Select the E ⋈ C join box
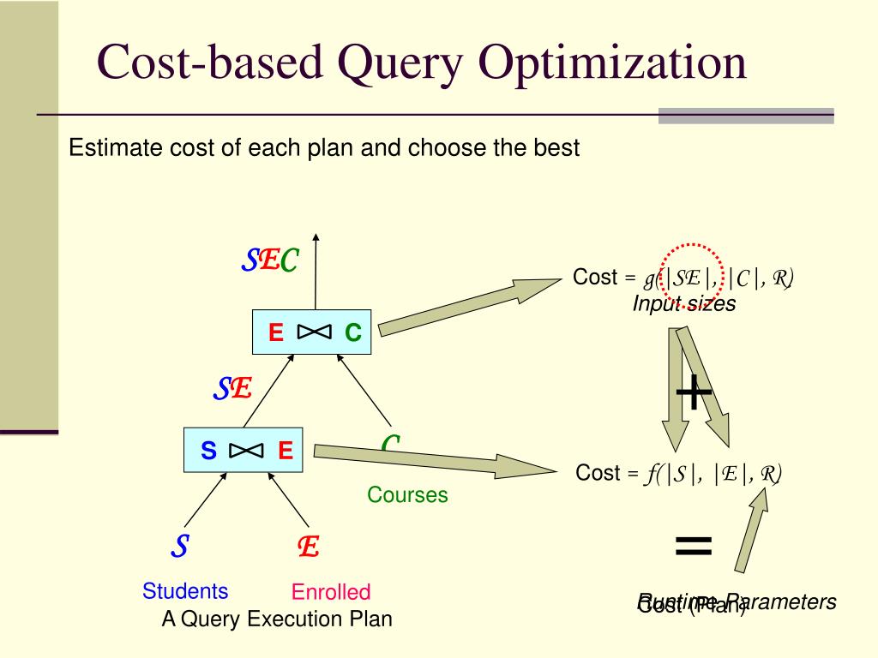pyautogui.click(x=312, y=332)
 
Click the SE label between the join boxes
pyautogui.click(x=232, y=390)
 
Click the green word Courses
pyautogui.click(x=407, y=495)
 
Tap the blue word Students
pyautogui.click(x=185, y=591)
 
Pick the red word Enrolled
pyautogui.click(x=331, y=592)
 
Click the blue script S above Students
pyautogui.click(x=180, y=546)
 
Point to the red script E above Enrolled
pyautogui.click(x=309, y=547)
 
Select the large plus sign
pyautogui.click(x=695, y=393)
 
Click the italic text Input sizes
pyautogui.click(x=684, y=304)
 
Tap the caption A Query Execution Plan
pyautogui.click(x=276, y=619)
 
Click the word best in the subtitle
pyautogui.click(x=554, y=147)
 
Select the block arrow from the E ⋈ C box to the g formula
pyautogui.click(x=467, y=304)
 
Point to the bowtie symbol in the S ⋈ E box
pyautogui.click(x=245, y=450)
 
